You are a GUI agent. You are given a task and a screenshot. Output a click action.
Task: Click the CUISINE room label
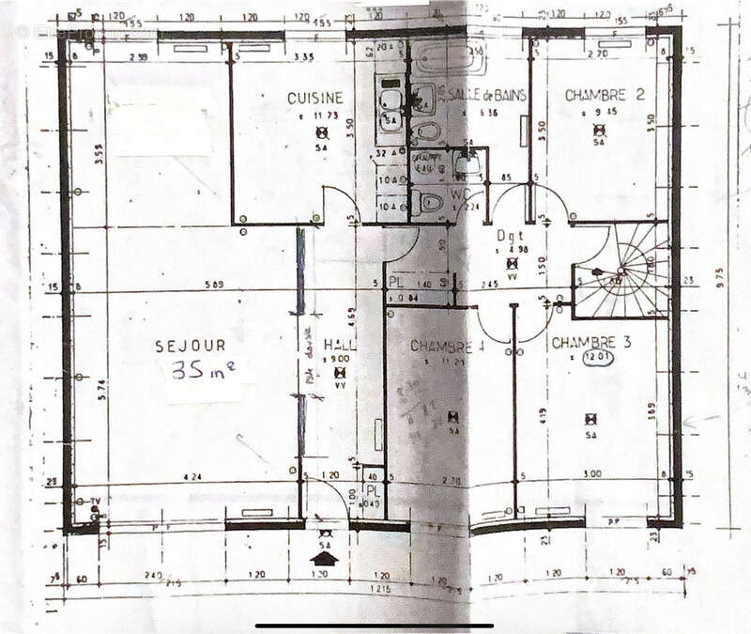click(315, 98)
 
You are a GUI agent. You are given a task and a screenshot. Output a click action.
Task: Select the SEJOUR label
click(191, 346)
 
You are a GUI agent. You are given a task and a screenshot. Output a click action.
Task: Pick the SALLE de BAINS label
click(487, 95)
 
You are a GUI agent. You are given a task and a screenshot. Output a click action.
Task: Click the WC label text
click(460, 193)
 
